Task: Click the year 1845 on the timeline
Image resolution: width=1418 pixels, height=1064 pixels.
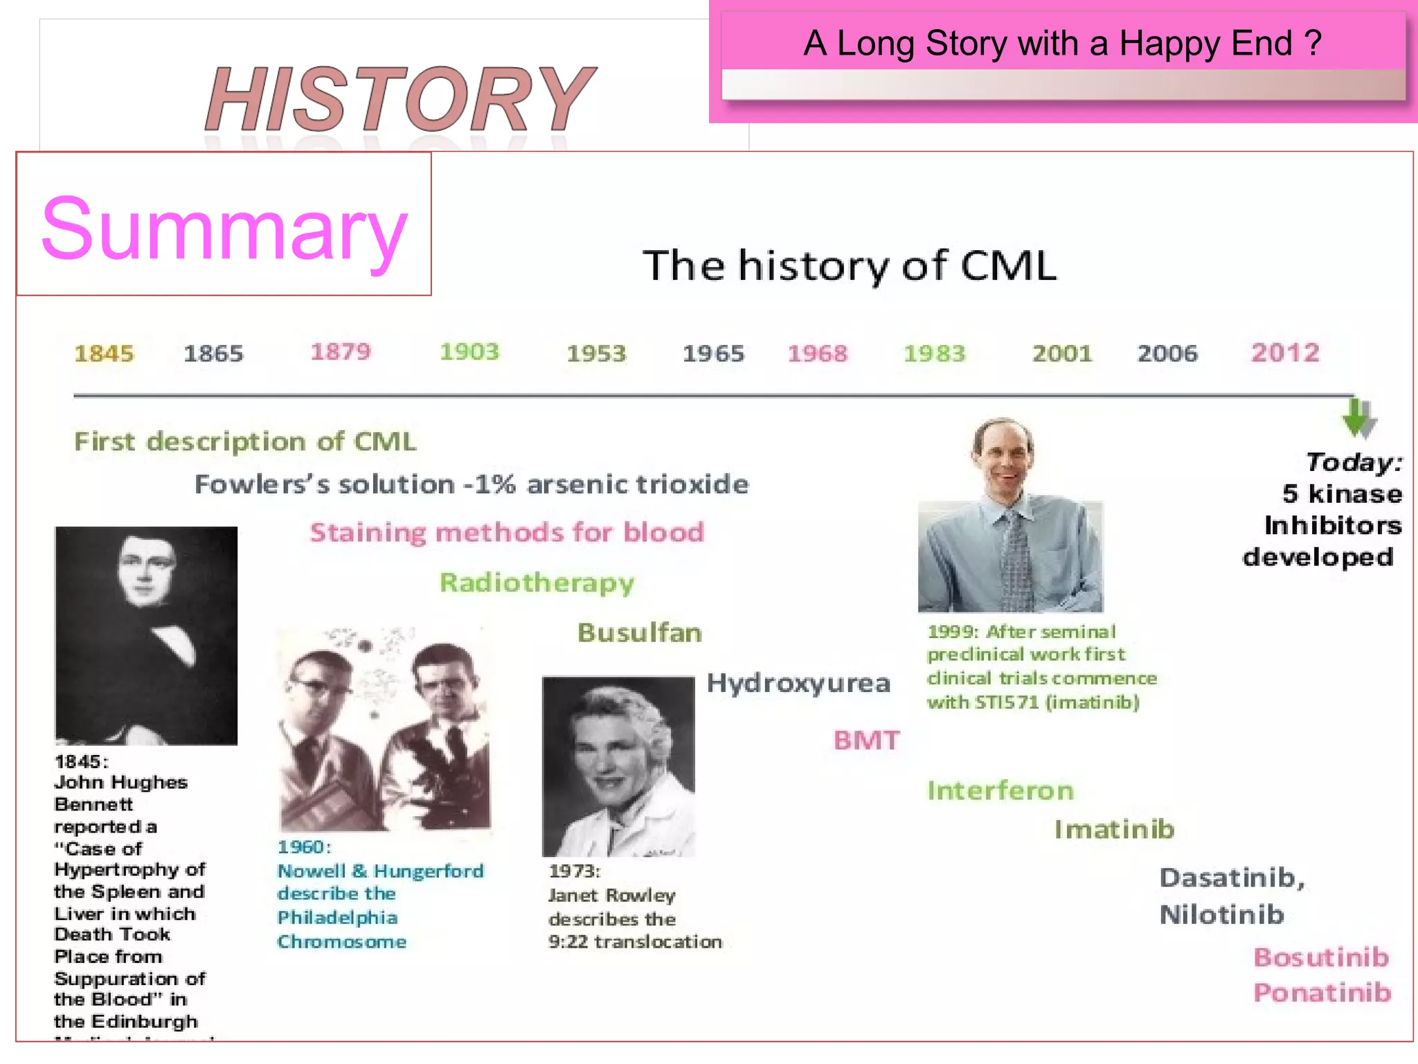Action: tap(104, 354)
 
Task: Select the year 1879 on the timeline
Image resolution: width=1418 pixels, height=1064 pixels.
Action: tap(341, 352)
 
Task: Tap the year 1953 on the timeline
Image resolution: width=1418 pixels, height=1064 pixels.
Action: tap(596, 354)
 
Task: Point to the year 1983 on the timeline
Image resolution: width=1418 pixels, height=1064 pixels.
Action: tap(934, 354)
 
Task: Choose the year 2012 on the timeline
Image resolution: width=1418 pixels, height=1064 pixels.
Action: tap(1285, 353)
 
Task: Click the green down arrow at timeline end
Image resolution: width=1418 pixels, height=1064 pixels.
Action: tap(1358, 418)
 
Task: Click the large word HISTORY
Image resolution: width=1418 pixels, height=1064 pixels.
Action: tap(400, 99)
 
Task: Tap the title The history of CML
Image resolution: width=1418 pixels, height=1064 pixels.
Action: tap(850, 265)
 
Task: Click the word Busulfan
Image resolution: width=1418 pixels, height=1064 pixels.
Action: tap(640, 633)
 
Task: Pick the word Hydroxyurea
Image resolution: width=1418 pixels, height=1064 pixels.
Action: tap(798, 684)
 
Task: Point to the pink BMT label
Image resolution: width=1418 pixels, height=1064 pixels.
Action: tap(866, 741)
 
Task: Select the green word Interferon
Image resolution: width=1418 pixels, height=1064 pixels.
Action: tap(1000, 791)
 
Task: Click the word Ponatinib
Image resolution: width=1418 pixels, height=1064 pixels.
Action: tap(1322, 993)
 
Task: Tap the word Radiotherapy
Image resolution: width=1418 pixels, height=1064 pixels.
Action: tap(537, 583)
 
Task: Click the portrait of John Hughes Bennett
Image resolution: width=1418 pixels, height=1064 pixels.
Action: tap(146, 635)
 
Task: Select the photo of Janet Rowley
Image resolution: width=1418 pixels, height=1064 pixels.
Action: tap(618, 766)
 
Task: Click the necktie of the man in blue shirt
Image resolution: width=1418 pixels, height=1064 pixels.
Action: tap(1016, 561)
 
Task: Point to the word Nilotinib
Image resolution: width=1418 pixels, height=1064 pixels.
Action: tap(1222, 915)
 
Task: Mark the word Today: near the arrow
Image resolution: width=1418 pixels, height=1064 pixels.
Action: tap(1354, 462)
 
